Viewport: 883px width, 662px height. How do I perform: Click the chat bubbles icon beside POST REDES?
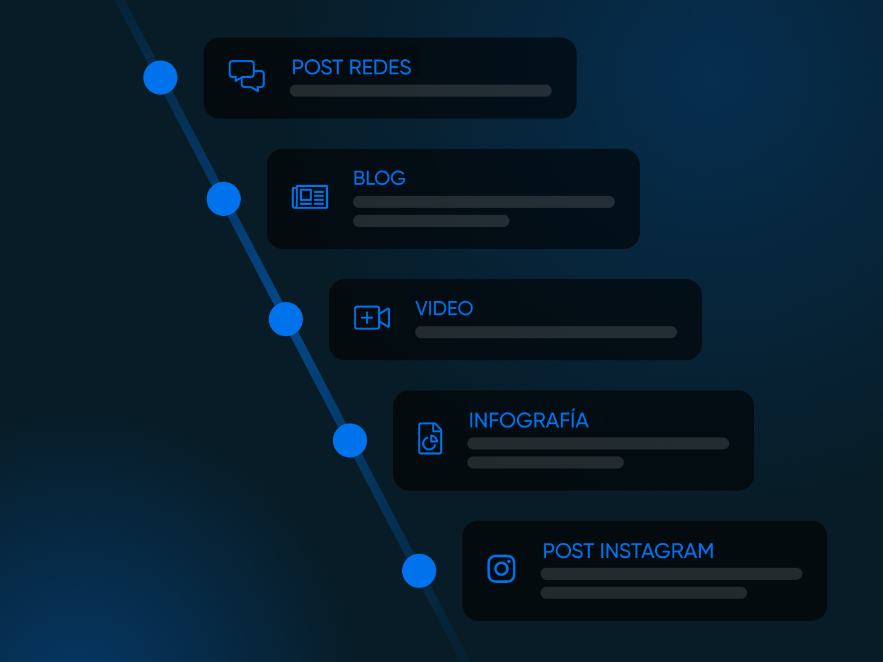pos(247,76)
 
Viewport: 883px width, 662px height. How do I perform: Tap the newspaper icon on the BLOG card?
pos(310,197)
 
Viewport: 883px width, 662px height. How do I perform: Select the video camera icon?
pos(372,317)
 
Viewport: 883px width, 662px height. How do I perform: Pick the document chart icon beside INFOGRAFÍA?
pos(430,438)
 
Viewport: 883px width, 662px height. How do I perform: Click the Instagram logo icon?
pos(501,568)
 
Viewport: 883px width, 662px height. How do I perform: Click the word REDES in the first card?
pos(380,67)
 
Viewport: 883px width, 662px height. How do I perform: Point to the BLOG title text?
pos(379,178)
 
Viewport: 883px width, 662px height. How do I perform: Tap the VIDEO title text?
pos(444,308)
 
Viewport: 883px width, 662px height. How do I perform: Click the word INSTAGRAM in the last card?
pos(657,551)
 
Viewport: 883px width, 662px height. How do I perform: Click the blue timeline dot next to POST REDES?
pos(160,77)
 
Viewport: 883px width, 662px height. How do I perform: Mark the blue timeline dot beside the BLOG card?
pos(224,198)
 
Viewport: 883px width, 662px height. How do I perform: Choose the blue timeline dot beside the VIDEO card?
pos(285,319)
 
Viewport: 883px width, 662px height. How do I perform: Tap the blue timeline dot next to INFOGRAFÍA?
pos(350,440)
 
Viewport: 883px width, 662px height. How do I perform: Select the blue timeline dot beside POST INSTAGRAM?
pos(419,571)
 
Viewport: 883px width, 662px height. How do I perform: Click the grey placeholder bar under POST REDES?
pos(420,91)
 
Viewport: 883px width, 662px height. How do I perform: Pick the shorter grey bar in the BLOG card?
pos(431,221)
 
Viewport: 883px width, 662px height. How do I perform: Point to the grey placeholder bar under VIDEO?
pos(546,332)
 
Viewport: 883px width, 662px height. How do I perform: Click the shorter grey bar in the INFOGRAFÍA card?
pos(546,462)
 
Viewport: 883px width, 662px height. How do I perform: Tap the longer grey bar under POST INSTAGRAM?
pos(671,574)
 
